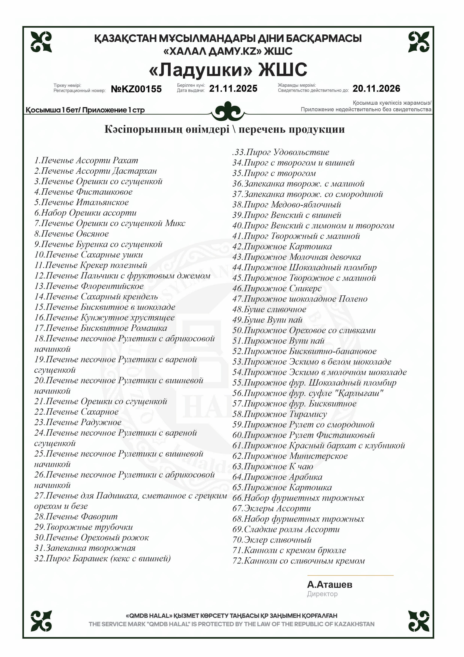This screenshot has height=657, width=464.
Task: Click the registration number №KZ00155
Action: tap(136, 89)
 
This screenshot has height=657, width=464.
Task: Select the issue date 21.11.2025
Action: tap(233, 88)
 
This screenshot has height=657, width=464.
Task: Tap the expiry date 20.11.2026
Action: tap(376, 88)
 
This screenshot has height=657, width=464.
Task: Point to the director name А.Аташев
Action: tap(330, 584)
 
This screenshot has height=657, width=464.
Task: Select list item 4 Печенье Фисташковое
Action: tap(83, 192)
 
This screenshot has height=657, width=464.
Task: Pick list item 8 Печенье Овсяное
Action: tap(72, 234)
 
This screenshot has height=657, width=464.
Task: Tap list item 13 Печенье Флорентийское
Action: tap(89, 286)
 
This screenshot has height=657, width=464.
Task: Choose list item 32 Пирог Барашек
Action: tap(102, 559)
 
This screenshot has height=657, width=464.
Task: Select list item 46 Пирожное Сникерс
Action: tap(277, 289)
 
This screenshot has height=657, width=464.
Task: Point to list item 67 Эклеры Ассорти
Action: tap(271, 509)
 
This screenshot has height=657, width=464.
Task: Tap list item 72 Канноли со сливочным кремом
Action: tap(299, 561)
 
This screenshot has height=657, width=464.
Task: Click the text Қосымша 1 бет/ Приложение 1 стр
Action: tap(85, 110)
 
